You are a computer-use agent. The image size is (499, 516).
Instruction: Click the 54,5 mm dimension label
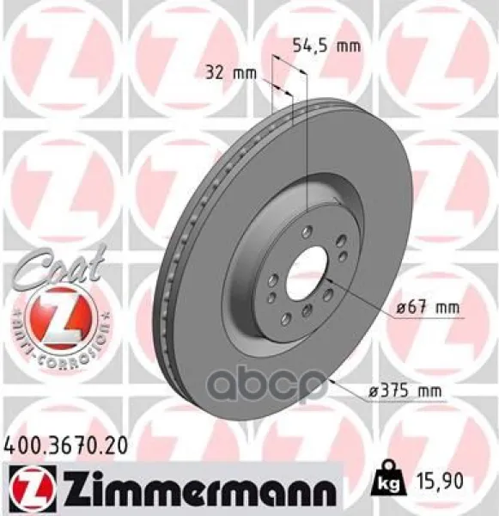[326, 46]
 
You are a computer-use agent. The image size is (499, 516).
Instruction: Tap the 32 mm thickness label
[231, 73]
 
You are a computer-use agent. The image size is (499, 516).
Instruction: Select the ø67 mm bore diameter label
[428, 308]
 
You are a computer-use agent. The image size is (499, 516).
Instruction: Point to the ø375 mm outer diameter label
[405, 391]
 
